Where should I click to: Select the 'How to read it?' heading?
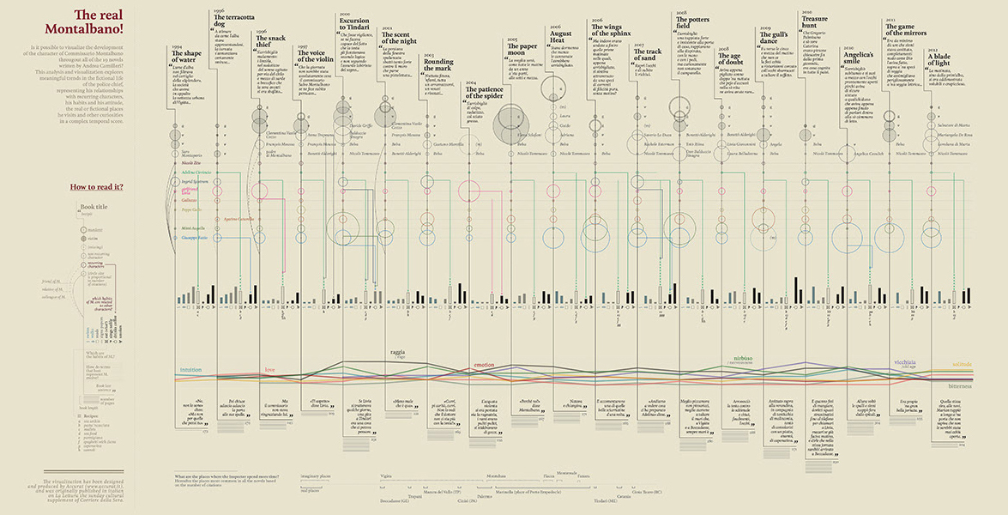point(97,186)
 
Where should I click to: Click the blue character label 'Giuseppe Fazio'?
point(196,236)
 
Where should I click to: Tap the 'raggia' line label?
point(397,352)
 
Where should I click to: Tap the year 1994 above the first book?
point(177,45)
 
